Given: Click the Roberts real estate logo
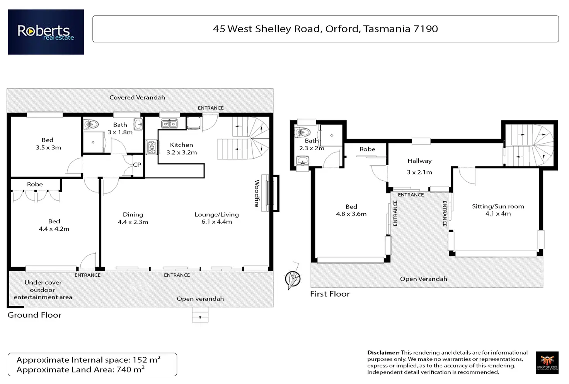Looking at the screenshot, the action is click(46, 32).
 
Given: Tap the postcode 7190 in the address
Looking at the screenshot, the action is click(426, 29).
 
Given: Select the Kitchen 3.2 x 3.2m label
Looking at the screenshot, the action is click(182, 149).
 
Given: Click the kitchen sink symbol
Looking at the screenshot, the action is click(169, 124).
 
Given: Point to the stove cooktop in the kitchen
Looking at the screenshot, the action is click(152, 147).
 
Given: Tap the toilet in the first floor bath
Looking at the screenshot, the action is click(303, 132).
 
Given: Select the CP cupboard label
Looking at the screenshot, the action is click(137, 165).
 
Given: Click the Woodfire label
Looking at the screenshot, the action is click(257, 193).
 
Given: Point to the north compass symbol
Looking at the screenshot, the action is click(293, 278).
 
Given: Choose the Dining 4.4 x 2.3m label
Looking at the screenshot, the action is click(133, 218).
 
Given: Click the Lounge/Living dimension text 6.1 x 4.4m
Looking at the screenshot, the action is click(217, 222).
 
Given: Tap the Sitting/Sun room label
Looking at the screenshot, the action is click(498, 206).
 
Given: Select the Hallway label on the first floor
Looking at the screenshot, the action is click(420, 161).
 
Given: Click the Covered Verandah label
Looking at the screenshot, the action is click(137, 98).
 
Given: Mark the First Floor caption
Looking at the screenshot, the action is click(330, 294).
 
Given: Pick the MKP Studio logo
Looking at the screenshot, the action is click(547, 363).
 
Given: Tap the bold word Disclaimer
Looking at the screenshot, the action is click(383, 353).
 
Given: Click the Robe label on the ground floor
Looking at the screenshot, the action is click(35, 184).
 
